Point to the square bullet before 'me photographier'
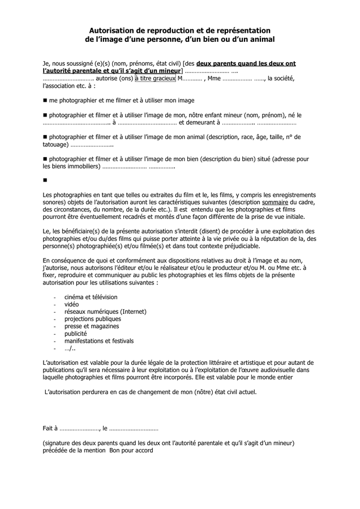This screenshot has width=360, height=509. [x=45, y=100]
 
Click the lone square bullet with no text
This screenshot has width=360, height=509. [x=45, y=180]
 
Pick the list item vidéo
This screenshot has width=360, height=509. [x=71, y=304]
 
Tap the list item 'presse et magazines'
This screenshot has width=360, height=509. [x=91, y=326]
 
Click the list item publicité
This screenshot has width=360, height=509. [x=75, y=334]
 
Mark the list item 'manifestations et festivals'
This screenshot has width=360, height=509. [x=98, y=341]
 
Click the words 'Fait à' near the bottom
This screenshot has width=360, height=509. [x=50, y=429]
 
